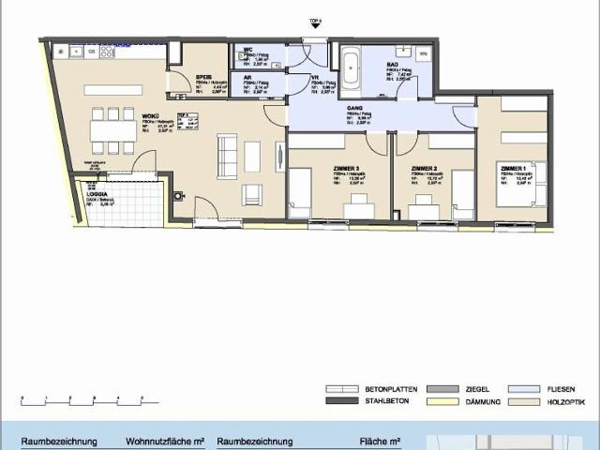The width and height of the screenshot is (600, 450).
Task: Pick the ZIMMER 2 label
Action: pyautogui.click(x=425, y=168)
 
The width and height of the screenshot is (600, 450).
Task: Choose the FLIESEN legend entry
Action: pyautogui.click(x=547, y=388)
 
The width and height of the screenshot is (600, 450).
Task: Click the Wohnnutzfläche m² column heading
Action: pyautogui.click(x=165, y=442)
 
